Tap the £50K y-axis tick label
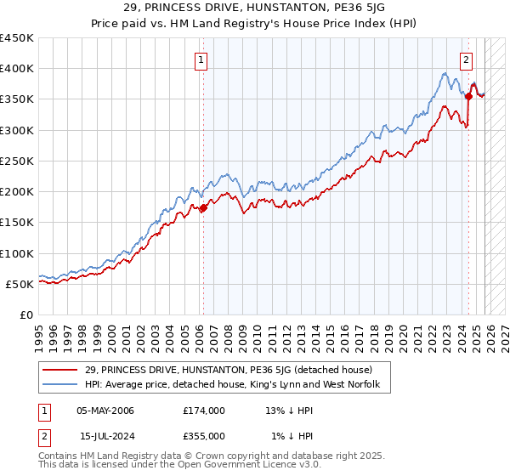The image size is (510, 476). click(20, 284)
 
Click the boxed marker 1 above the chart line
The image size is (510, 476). click(202, 59)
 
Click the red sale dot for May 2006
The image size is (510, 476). click(203, 207)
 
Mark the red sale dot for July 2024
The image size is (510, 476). click(468, 96)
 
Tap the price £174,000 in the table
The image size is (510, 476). click(203, 411)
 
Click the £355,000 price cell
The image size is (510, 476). click(203, 435)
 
